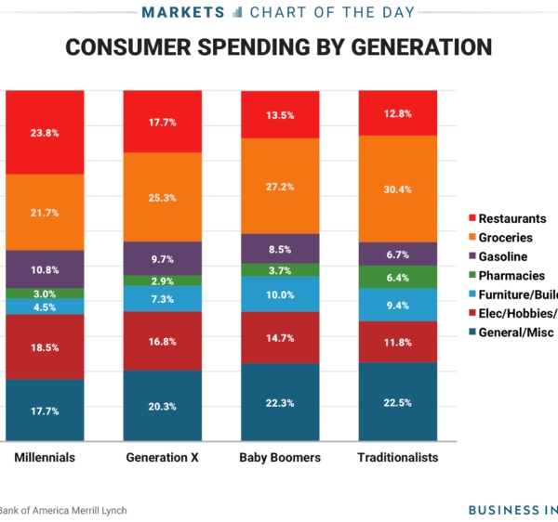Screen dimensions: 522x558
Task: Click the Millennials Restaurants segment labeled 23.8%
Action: (x=45, y=133)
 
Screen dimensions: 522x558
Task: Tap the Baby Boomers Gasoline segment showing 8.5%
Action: (x=280, y=249)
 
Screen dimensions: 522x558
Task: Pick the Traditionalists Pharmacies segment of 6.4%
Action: (x=397, y=277)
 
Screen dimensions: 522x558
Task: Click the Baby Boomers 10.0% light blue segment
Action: (x=280, y=294)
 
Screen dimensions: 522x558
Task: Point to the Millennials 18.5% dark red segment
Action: (x=45, y=346)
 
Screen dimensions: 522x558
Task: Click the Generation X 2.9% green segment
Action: (x=163, y=281)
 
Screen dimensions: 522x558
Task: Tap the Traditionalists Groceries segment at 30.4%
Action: (x=397, y=189)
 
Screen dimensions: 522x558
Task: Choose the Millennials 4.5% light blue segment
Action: (x=45, y=307)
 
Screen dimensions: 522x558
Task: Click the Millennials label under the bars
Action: (x=45, y=458)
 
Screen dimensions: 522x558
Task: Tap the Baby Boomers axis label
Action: (x=280, y=458)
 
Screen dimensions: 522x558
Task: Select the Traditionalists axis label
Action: (x=397, y=458)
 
